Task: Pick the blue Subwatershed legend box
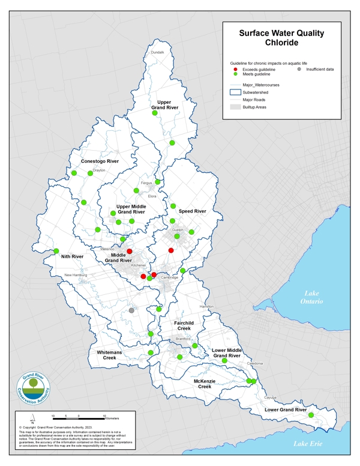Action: (x=236, y=92)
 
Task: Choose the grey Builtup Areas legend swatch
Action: (x=236, y=107)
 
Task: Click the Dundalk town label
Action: (x=157, y=53)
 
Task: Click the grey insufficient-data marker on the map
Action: (x=131, y=310)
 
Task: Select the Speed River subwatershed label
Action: (x=192, y=211)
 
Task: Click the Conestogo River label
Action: (x=100, y=162)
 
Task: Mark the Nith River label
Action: (x=72, y=256)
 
